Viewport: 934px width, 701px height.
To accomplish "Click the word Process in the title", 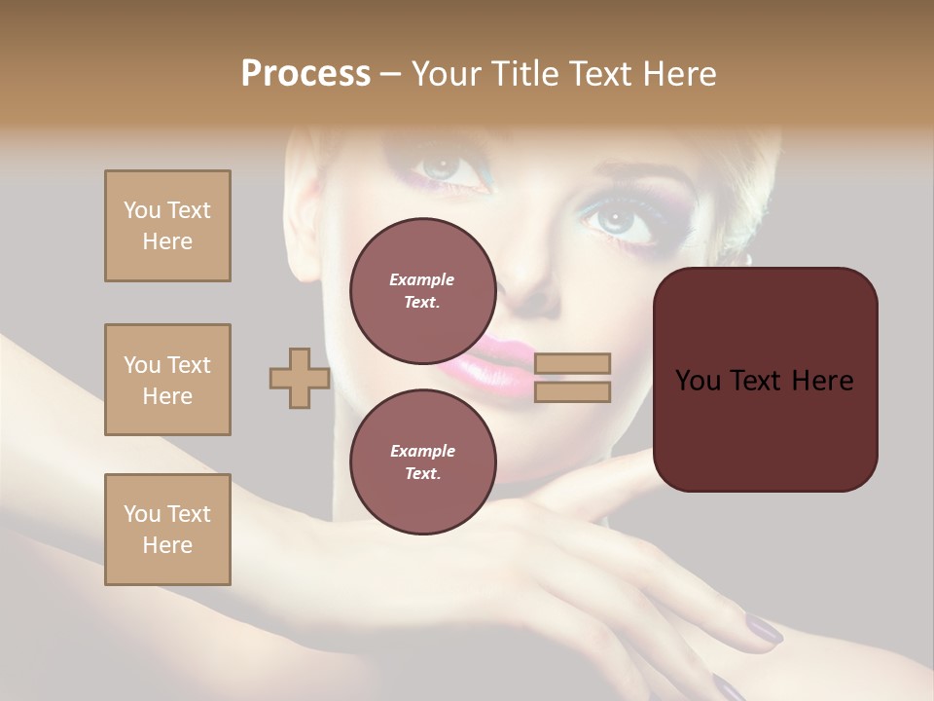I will tap(305, 74).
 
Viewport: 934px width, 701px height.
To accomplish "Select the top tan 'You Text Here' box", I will tap(167, 226).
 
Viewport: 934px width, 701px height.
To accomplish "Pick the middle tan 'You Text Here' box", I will tap(167, 380).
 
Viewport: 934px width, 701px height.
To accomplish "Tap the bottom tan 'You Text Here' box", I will tap(167, 530).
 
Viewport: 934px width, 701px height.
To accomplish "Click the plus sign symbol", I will tap(300, 378).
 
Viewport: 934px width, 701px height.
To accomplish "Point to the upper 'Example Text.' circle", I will tap(422, 290).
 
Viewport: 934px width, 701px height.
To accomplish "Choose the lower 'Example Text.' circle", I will tap(422, 461).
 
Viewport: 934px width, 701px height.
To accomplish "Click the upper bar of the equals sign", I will tap(573, 363).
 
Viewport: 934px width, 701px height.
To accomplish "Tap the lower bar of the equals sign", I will tap(573, 391).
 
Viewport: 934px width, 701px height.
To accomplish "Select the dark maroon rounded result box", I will tap(765, 379).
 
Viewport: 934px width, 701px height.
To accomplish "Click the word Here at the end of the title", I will tap(676, 74).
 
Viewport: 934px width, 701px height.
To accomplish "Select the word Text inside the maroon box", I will tap(764, 380).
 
